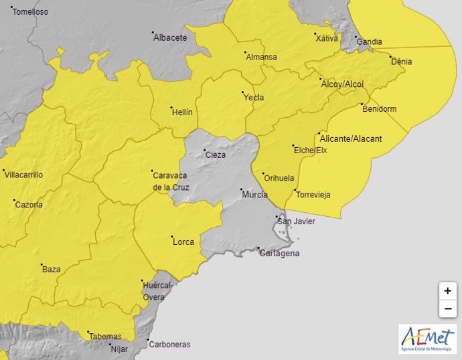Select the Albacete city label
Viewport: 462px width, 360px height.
[x=170, y=37]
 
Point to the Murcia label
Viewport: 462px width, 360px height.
[x=254, y=195]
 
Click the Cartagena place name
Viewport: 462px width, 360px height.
[x=279, y=254]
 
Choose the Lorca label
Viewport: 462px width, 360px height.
[x=183, y=241]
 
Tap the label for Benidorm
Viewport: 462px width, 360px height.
[x=380, y=109]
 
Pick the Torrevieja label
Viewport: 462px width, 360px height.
[x=313, y=195]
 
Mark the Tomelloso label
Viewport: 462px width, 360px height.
[x=31, y=12]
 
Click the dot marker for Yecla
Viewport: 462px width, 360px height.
[x=242, y=92]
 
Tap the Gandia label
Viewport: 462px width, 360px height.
[x=370, y=41]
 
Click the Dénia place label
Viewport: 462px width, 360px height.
[x=402, y=62]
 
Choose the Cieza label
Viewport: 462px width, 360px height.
[x=216, y=155]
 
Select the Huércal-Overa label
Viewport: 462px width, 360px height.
[x=158, y=291]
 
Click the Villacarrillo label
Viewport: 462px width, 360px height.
[x=23, y=175]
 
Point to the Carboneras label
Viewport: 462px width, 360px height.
[x=169, y=345]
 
